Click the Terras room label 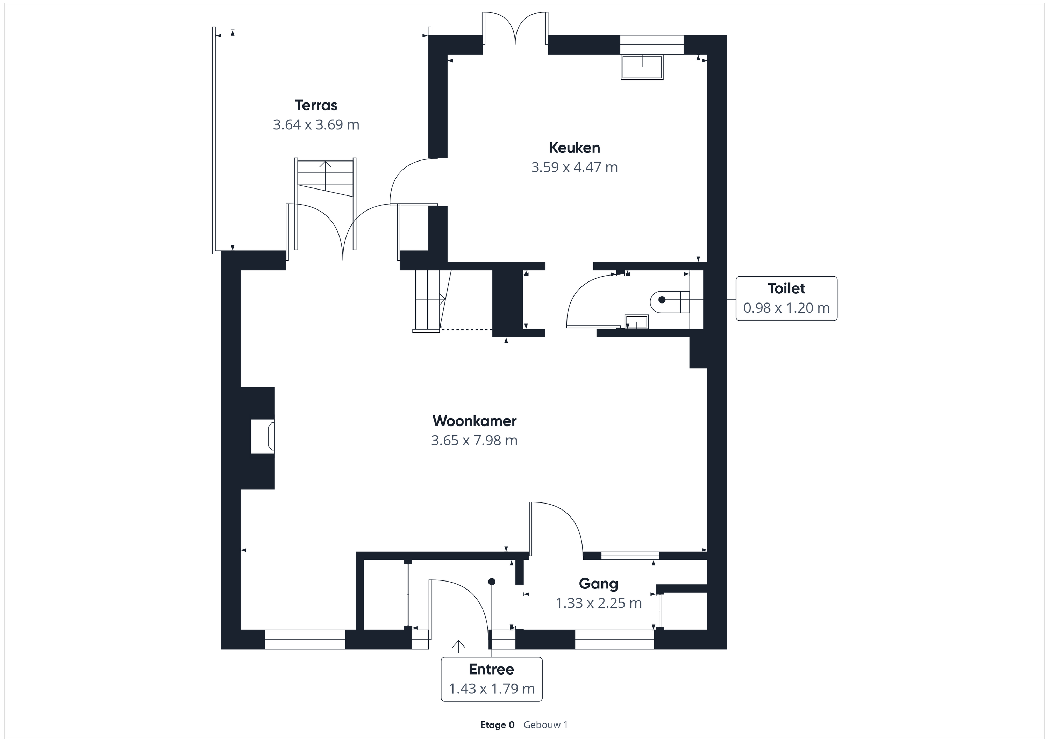pos(316,106)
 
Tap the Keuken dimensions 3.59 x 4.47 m pos(574,167)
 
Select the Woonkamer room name pos(474,421)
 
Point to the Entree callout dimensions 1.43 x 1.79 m pos(492,689)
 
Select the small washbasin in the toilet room pos(636,322)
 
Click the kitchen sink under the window pos(642,67)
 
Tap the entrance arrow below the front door pos(458,645)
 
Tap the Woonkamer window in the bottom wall pos(305,639)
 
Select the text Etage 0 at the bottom pos(497,725)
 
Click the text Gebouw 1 pos(545,725)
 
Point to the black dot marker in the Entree pos(492,582)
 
